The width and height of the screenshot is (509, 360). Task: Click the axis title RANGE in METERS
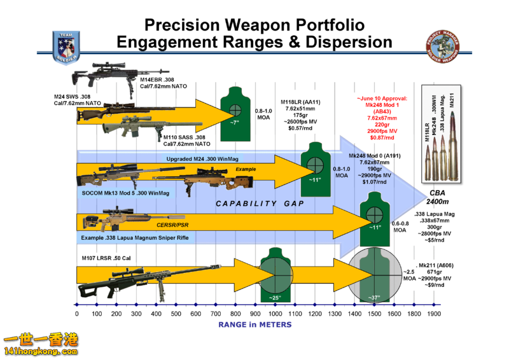coord(254,324)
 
